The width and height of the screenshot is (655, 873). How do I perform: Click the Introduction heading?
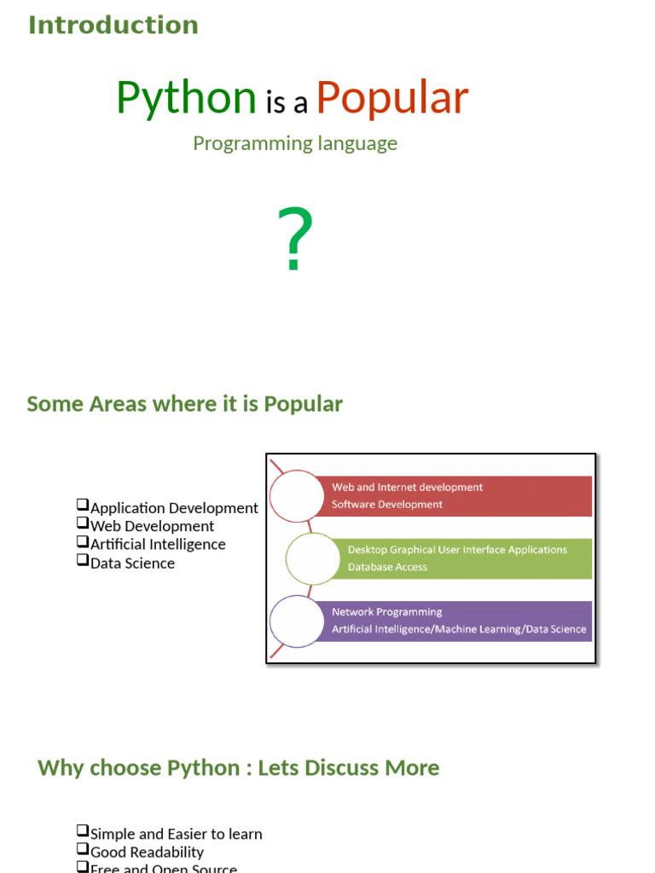coord(113,25)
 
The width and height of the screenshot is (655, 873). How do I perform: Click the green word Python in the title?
coord(186,98)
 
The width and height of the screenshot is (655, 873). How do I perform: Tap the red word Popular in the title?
coord(391,98)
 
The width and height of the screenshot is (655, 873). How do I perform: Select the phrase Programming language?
coord(295,143)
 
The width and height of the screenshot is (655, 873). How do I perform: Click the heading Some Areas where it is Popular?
coord(184,403)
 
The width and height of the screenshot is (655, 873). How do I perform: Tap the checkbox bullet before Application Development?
coord(83,506)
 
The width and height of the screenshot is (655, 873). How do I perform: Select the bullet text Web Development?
coord(152,526)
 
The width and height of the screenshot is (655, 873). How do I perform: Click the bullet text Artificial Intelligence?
coord(158,544)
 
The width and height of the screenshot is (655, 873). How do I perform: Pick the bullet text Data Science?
coord(132,563)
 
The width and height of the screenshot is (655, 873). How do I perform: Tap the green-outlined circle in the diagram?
coord(312,558)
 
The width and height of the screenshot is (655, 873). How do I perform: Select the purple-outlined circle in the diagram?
coord(296,621)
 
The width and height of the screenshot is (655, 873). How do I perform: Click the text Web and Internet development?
coord(407,488)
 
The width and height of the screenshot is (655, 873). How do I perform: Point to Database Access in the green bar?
coord(387,567)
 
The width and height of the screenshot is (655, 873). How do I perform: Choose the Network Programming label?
coord(386,612)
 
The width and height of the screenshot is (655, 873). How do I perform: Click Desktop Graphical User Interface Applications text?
coord(457,550)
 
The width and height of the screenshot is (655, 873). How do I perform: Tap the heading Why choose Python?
coord(239,767)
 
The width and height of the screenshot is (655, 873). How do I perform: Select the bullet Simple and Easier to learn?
coord(176,834)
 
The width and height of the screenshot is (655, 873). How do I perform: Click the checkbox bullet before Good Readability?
coord(83,850)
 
